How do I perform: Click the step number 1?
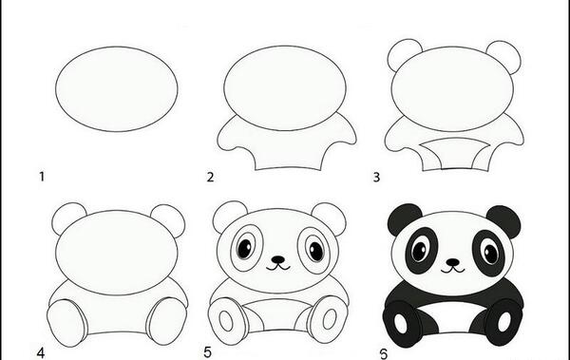42,177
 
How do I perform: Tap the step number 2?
211,177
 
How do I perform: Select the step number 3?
376,177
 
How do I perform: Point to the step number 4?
40,353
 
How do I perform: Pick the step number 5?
207,352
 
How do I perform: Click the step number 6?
384,353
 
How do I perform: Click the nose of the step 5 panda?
278,259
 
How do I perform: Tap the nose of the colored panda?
452,262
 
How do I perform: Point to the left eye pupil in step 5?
245,248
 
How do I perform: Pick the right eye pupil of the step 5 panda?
316,251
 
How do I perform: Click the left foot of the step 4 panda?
67,323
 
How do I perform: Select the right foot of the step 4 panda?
166,321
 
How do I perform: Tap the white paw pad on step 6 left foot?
400,323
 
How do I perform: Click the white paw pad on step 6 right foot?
504,321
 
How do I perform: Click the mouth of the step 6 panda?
453,270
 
